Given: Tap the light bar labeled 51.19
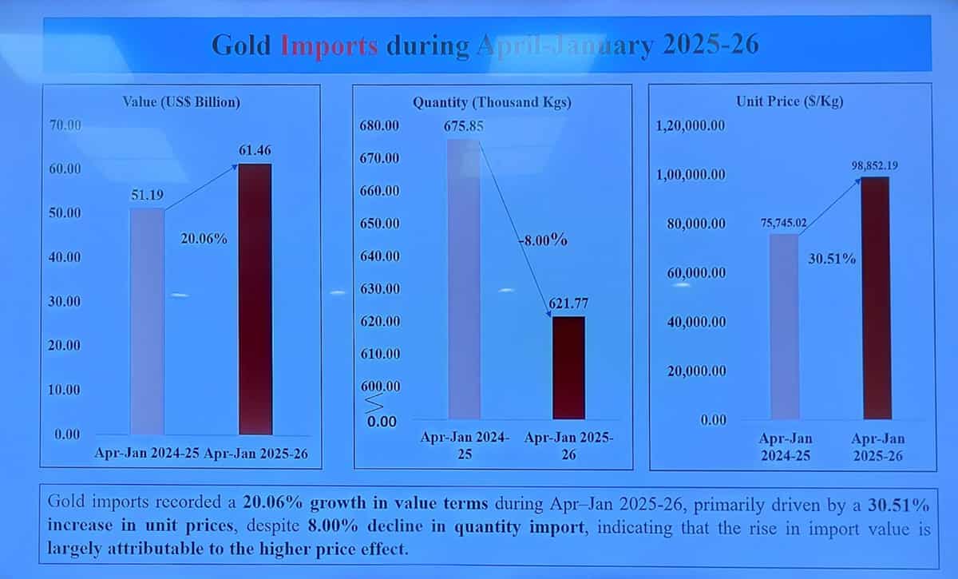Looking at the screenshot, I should click(147, 319).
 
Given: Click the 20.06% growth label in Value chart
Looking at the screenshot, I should click(204, 239).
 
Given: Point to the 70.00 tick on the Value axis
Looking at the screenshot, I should click(65, 125).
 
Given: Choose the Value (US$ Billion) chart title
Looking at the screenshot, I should click(181, 102).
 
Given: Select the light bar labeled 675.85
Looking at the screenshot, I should click(464, 280).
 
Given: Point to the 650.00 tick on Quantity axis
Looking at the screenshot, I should click(381, 224).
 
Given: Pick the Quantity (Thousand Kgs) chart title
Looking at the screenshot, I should click(492, 102).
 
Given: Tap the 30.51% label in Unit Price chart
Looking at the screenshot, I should click(832, 259).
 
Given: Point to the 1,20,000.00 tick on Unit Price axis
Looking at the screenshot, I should click(691, 126).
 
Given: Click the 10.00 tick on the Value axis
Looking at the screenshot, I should click(65, 390).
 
